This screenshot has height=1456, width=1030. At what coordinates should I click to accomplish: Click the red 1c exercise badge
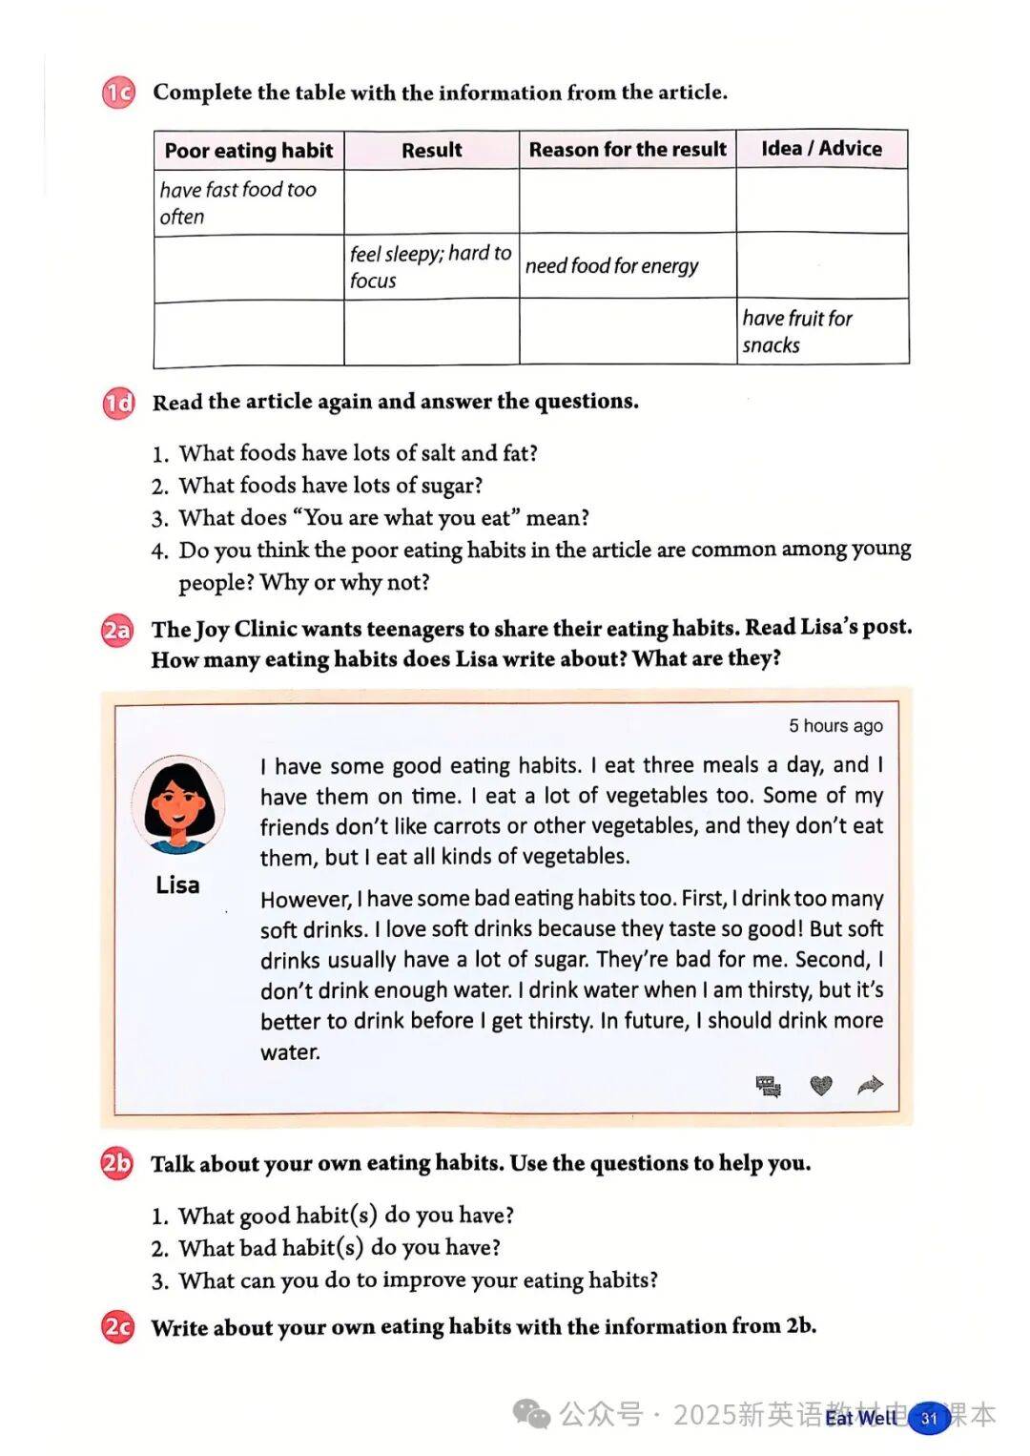pos(119,93)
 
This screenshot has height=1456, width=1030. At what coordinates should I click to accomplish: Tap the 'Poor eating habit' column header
pos(249,151)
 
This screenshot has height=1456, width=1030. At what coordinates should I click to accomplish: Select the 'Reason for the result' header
pos(628,150)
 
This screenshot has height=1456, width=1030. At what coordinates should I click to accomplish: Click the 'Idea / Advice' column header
pos(821,149)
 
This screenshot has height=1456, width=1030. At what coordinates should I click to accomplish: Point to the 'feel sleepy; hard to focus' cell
pos(430,266)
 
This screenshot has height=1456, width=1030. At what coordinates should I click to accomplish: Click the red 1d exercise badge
pos(119,403)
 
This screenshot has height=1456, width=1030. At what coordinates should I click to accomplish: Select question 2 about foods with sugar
pos(330,486)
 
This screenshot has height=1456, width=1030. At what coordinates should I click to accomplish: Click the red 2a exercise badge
pos(117,631)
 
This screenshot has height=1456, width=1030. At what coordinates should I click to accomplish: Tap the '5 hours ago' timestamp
pos(835,726)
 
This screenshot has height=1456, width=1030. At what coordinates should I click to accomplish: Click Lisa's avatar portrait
pos(178,806)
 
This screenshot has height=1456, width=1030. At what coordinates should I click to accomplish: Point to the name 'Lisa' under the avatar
pos(177,885)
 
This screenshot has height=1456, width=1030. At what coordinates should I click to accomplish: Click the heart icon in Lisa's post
pos(820,1085)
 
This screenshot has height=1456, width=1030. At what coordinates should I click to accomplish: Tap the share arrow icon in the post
pos(870,1085)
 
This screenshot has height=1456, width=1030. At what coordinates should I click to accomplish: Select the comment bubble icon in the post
pos(768,1086)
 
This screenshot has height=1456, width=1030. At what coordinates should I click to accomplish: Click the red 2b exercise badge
pos(117,1164)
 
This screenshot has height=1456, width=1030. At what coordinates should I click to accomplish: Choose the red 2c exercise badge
pos(117,1327)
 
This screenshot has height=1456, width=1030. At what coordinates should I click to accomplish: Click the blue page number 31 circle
pos(929,1418)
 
